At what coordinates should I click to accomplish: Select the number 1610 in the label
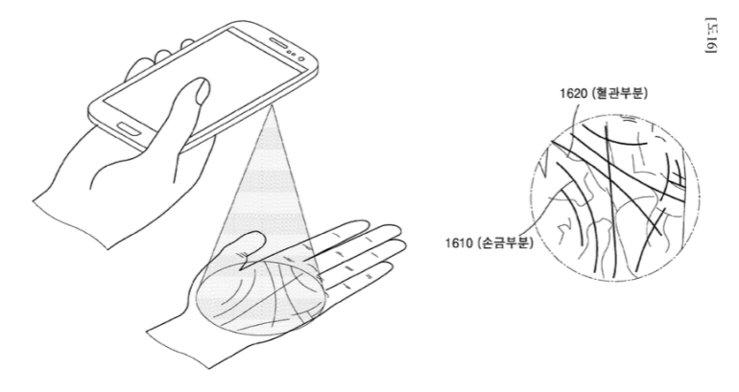click(x=459, y=243)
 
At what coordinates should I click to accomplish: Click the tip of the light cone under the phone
click(x=272, y=106)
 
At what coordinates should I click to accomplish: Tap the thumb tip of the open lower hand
click(x=256, y=234)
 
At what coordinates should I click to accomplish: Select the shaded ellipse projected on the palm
click(x=260, y=297)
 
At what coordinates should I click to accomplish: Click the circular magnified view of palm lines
click(x=615, y=198)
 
